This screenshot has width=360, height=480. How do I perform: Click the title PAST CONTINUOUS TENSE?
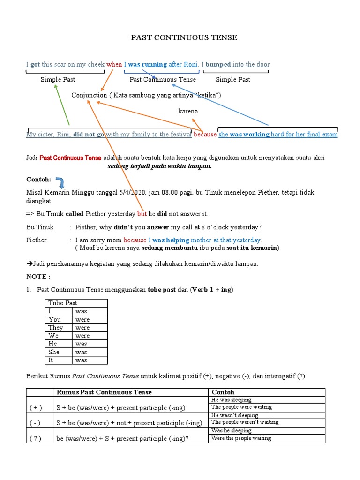click(x=184, y=37)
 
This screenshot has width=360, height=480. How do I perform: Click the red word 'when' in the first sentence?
click(x=114, y=64)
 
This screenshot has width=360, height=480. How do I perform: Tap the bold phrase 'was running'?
click(x=147, y=64)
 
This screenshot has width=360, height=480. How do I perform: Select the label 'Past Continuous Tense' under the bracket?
click(x=163, y=79)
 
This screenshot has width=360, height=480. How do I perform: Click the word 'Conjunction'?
click(x=89, y=95)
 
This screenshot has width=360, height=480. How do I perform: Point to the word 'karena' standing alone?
click(x=188, y=111)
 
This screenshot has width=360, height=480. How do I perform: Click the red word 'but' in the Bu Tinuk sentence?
click(x=142, y=214)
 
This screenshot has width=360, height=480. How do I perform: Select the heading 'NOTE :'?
click(x=38, y=277)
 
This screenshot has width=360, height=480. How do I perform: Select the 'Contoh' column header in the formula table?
click(x=223, y=392)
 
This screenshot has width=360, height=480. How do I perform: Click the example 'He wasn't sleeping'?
click(x=235, y=415)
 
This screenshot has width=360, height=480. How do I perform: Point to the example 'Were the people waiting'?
click(x=241, y=438)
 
